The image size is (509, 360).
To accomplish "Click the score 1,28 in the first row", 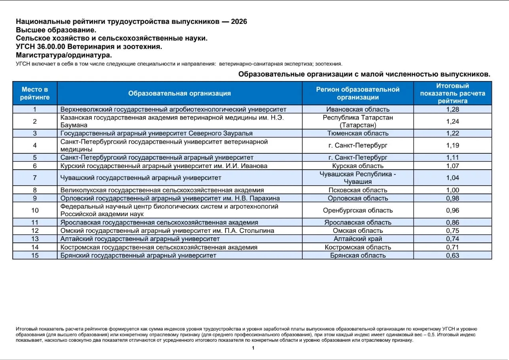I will coord(453,109).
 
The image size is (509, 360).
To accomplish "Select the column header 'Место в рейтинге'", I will coord(35,93).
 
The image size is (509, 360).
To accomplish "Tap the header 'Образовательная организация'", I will coord(179,93).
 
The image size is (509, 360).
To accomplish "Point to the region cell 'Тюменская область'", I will coord(358,133).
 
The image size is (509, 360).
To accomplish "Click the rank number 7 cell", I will coord(35,178).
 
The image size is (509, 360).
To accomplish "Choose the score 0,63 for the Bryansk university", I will coord(453,255).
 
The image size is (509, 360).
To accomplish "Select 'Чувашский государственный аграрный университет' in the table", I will coord(141,178).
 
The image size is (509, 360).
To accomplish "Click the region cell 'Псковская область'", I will coord(358,190).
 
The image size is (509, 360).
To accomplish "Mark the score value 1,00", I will coord(453,190).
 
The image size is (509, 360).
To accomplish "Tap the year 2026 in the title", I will coord(239,21).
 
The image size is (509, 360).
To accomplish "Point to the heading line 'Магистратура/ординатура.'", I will coord(64,55).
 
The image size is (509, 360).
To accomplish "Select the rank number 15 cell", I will coord(35,255).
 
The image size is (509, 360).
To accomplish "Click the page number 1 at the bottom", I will coord(253,348).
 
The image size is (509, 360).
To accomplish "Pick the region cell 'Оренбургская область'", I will coord(358,210).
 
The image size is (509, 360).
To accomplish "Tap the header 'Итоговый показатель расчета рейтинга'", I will coord(453,93).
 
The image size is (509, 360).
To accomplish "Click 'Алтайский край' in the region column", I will coord(358,239).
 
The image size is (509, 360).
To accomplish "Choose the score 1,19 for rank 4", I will coord(453,145).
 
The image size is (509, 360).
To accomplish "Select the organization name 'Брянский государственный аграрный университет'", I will coord(138,255).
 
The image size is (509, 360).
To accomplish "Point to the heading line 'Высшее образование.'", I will coord(56,30).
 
